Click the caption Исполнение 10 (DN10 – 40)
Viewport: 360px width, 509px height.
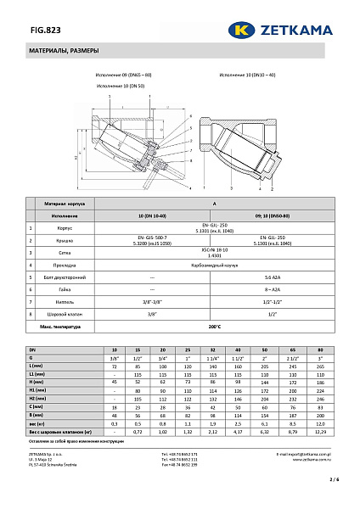pos(247,76)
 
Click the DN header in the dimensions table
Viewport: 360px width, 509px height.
pos(33,350)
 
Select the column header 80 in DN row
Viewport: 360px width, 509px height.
pos(320,350)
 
